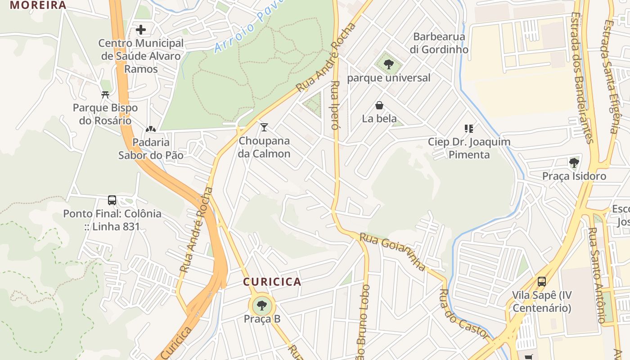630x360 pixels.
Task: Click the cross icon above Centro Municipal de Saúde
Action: tap(141, 30)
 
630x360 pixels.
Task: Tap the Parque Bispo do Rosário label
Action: tap(105, 114)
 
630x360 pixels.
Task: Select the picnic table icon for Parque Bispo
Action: tap(105, 95)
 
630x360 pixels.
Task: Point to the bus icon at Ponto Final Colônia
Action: tap(112, 200)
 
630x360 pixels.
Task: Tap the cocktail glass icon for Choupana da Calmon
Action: tap(264, 127)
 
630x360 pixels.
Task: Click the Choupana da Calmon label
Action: tap(264, 147)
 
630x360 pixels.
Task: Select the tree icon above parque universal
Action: tap(389, 64)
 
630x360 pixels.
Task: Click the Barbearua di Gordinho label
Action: tap(439, 43)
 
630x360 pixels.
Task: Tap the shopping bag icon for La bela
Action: tap(379, 106)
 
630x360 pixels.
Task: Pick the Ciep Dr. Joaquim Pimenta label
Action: tap(469, 148)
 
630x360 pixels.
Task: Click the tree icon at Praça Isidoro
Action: tap(574, 162)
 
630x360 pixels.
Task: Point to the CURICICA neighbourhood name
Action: tap(272, 282)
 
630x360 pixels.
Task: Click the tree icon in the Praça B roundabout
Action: tap(261, 306)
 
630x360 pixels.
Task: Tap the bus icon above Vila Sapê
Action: tap(542, 282)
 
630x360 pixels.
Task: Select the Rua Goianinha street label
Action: tap(392, 251)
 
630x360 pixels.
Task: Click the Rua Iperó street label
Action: tap(335, 105)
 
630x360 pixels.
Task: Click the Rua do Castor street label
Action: tap(463, 314)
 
